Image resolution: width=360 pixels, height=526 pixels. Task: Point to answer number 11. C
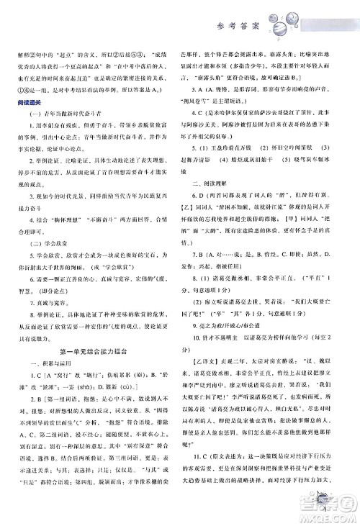click(x=203, y=479)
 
